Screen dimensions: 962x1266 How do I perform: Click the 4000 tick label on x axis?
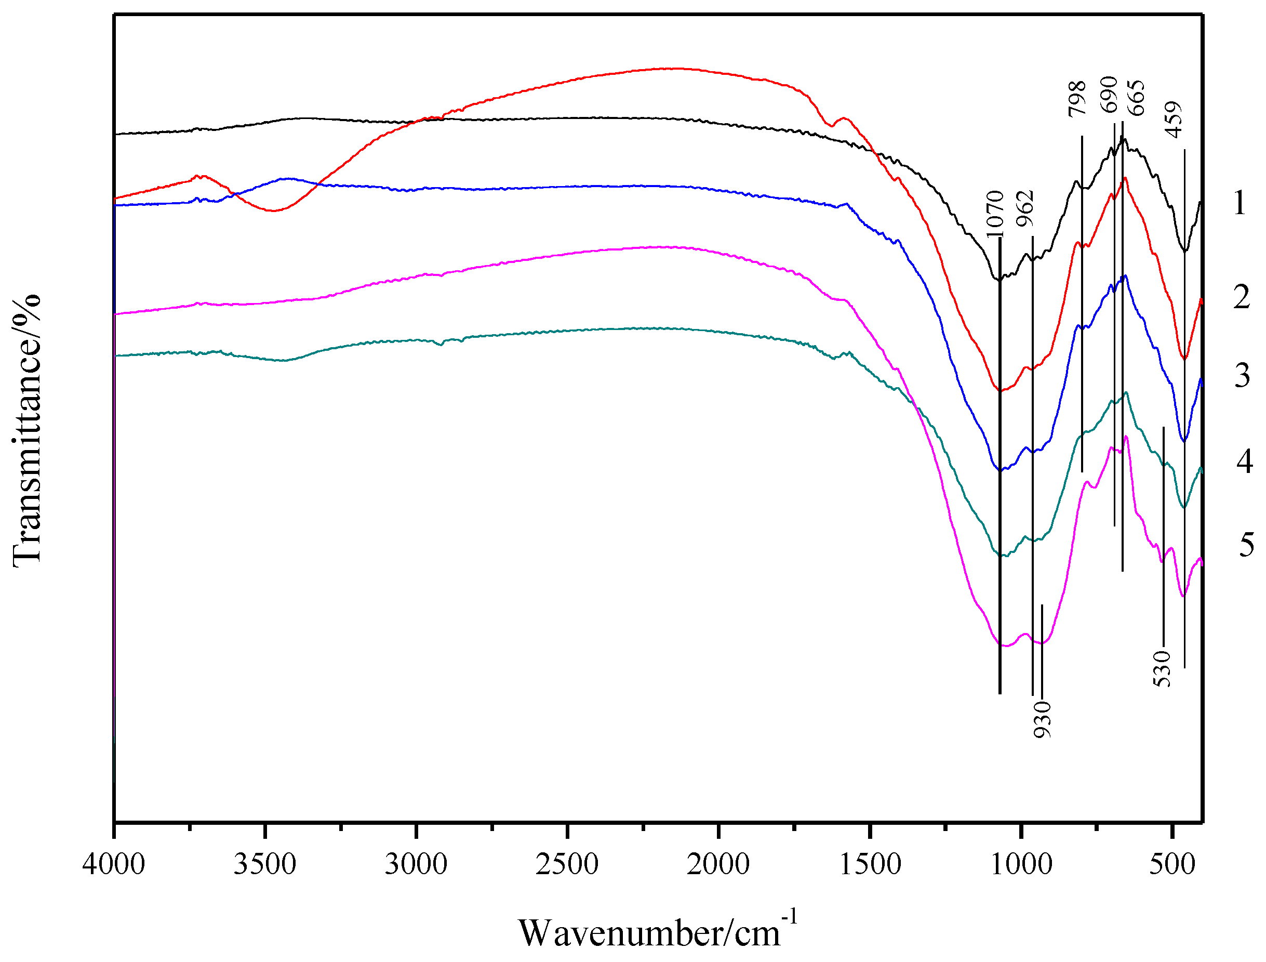[x=113, y=865]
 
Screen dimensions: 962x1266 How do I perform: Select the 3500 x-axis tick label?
[x=264, y=865]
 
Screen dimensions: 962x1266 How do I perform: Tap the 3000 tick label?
[x=416, y=865]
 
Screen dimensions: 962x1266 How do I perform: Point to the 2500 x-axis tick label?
[x=567, y=865]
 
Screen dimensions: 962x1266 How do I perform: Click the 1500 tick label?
[x=870, y=865]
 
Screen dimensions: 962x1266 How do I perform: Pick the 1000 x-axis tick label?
[x=1020, y=865]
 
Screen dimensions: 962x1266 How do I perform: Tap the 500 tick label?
[x=1171, y=865]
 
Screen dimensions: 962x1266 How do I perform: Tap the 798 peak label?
[x=1077, y=99]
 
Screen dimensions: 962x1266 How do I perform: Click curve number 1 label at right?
[x=1240, y=203]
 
